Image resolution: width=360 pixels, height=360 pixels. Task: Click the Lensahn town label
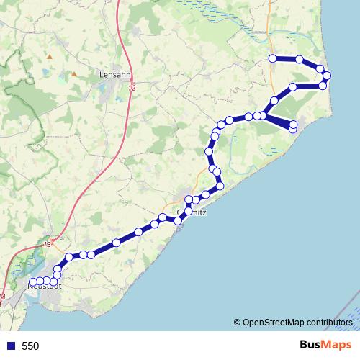114,73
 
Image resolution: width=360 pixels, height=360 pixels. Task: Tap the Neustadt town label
44,286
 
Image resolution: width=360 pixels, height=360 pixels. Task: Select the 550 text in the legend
30,346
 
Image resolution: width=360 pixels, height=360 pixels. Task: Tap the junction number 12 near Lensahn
131,87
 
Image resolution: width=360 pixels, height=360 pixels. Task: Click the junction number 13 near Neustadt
48,245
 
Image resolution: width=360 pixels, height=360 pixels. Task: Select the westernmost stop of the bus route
32,282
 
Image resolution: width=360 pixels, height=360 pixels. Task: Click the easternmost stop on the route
327,76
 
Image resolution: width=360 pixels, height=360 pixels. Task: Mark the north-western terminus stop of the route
273,58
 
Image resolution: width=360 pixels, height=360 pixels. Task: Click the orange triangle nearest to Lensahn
73,73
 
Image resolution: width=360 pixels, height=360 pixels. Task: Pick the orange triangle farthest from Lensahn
49,55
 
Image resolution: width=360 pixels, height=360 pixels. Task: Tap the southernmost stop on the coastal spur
293,128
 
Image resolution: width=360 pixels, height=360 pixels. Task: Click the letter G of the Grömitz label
180,213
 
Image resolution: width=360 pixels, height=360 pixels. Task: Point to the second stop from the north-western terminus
299,59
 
